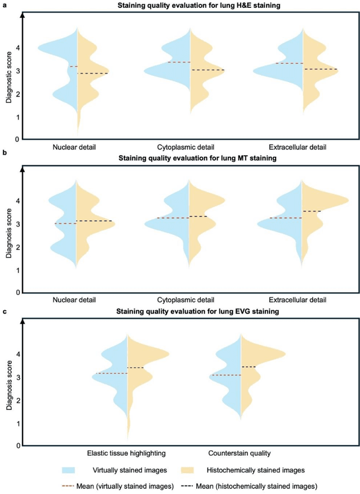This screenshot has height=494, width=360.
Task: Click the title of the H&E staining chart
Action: coord(191,6)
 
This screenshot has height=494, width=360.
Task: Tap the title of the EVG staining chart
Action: coord(191,312)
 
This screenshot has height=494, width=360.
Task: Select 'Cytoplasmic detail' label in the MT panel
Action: coord(190,300)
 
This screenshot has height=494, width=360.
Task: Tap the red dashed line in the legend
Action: coord(74,483)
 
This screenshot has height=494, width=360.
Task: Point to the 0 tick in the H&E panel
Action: coord(17,139)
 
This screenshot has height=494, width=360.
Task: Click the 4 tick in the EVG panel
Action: coord(17,355)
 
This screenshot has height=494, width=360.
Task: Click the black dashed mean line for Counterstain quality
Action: coord(249,366)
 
